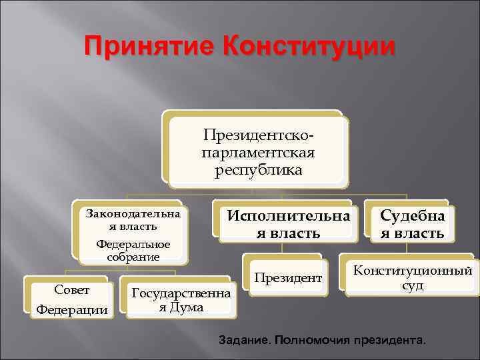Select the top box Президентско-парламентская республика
pyautogui.click(x=258, y=152)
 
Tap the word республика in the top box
pyautogui.click(x=258, y=169)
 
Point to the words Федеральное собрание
pyautogui.click(x=133, y=251)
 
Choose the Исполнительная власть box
pyautogui.click(x=288, y=224)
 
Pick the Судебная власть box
pyautogui.click(x=412, y=224)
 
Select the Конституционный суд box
pyautogui.click(x=412, y=278)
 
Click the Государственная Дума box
pyautogui.click(x=181, y=299)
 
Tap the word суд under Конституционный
pyautogui.click(x=412, y=286)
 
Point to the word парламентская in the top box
pyautogui.click(x=258, y=153)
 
